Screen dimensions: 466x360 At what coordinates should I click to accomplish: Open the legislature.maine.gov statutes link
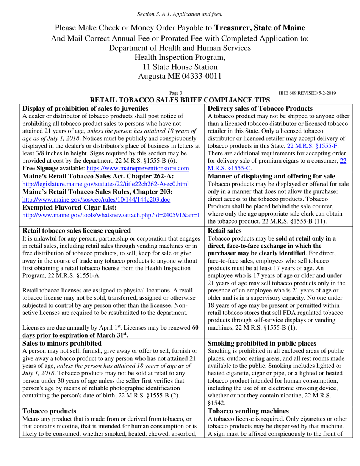(106, 184)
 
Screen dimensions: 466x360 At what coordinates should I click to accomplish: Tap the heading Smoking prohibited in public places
(262, 343)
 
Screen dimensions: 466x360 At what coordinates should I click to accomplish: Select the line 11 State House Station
(180, 67)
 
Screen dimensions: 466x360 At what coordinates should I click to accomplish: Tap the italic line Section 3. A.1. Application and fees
(180, 14)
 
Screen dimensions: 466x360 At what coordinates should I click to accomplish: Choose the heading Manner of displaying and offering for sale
(271, 176)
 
